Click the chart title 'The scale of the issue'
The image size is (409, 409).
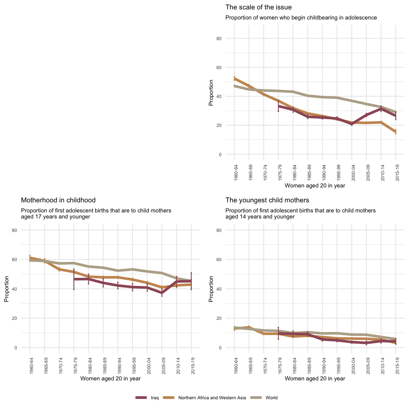tap(258, 7)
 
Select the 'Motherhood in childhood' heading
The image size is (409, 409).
tap(58, 200)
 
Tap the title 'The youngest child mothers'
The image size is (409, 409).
tap(267, 200)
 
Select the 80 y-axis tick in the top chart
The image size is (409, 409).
tap(228, 39)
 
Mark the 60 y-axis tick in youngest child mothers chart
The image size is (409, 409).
tap(228, 260)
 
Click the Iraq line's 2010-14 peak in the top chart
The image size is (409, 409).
tap(381, 108)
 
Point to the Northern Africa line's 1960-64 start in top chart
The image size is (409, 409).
tap(234, 79)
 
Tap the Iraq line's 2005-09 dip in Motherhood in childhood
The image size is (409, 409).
tap(162, 293)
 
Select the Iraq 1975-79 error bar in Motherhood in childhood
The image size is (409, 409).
tap(74, 279)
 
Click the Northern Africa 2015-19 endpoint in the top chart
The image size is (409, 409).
tap(396, 132)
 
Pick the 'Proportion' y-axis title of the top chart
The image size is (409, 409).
tap(211, 93)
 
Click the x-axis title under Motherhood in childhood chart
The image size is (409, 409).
tap(110, 379)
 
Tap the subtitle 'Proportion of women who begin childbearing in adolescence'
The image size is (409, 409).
tap(301, 18)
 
